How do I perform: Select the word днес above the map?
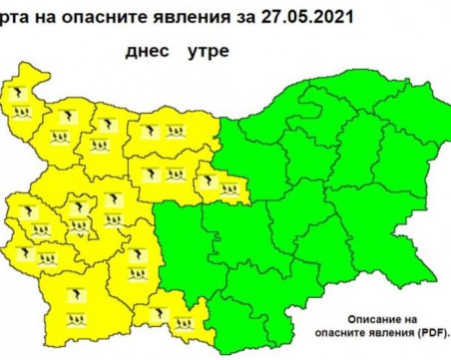click(x=146, y=47)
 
